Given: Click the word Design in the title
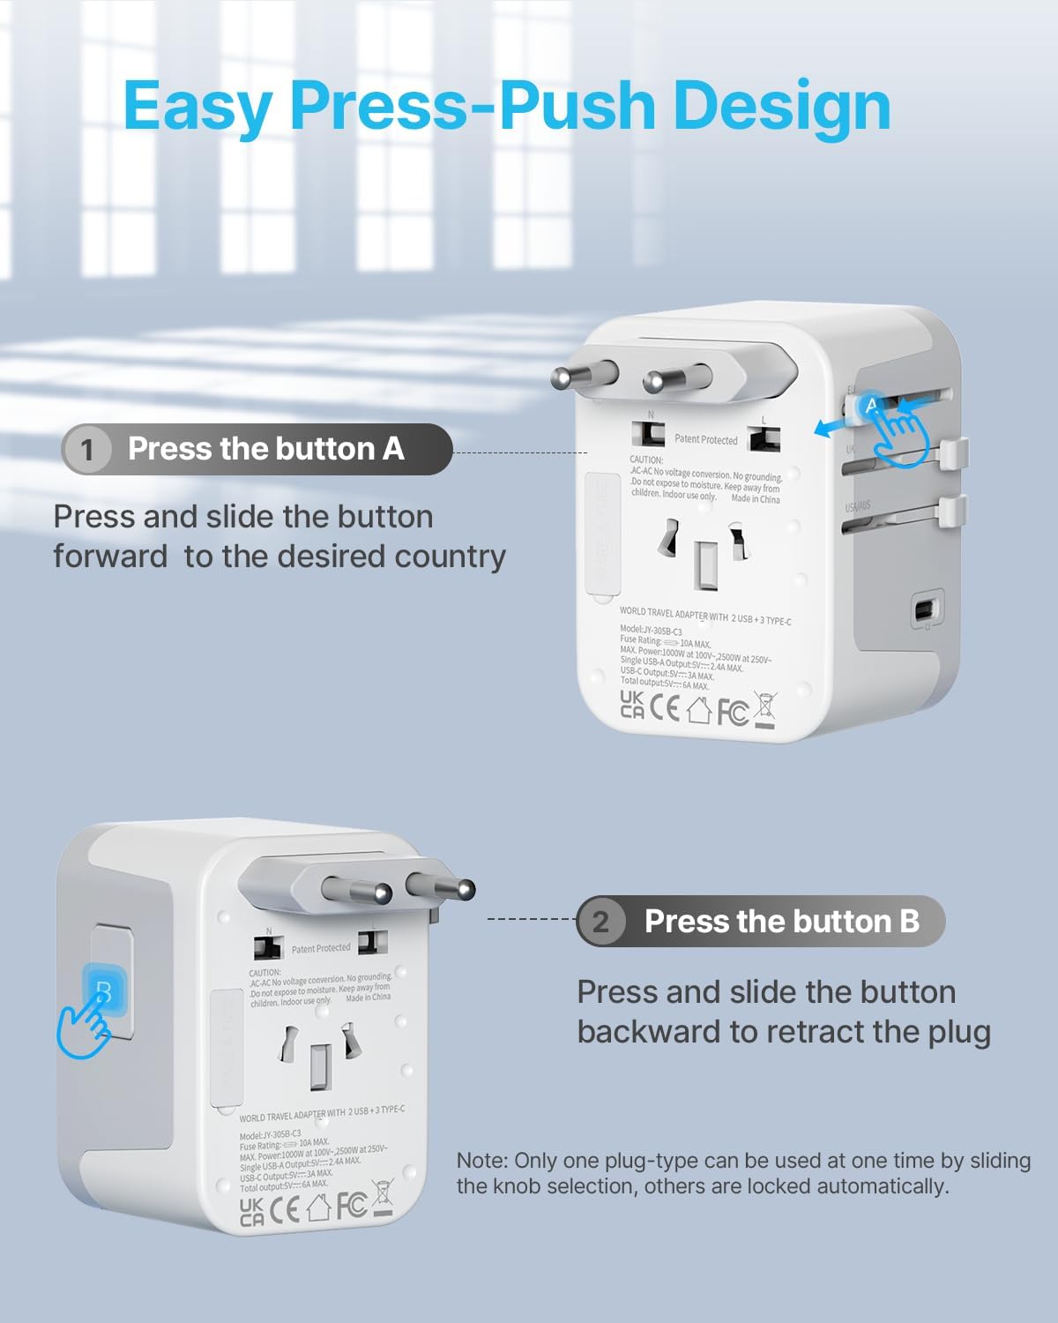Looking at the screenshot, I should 781,106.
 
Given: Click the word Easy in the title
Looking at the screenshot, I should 197,106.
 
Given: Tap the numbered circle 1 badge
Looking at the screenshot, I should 86,450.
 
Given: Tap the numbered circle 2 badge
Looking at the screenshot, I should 601,923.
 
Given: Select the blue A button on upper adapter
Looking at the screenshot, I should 871,406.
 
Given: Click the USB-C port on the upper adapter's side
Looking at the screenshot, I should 924,610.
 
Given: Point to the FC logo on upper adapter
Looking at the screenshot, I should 732,711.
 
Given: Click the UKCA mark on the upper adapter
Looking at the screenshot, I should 631,704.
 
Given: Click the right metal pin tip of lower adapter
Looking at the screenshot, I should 464,890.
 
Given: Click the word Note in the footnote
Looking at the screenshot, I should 481,1161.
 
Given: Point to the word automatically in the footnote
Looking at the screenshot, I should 883,1186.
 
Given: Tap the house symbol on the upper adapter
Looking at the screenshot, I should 698,710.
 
